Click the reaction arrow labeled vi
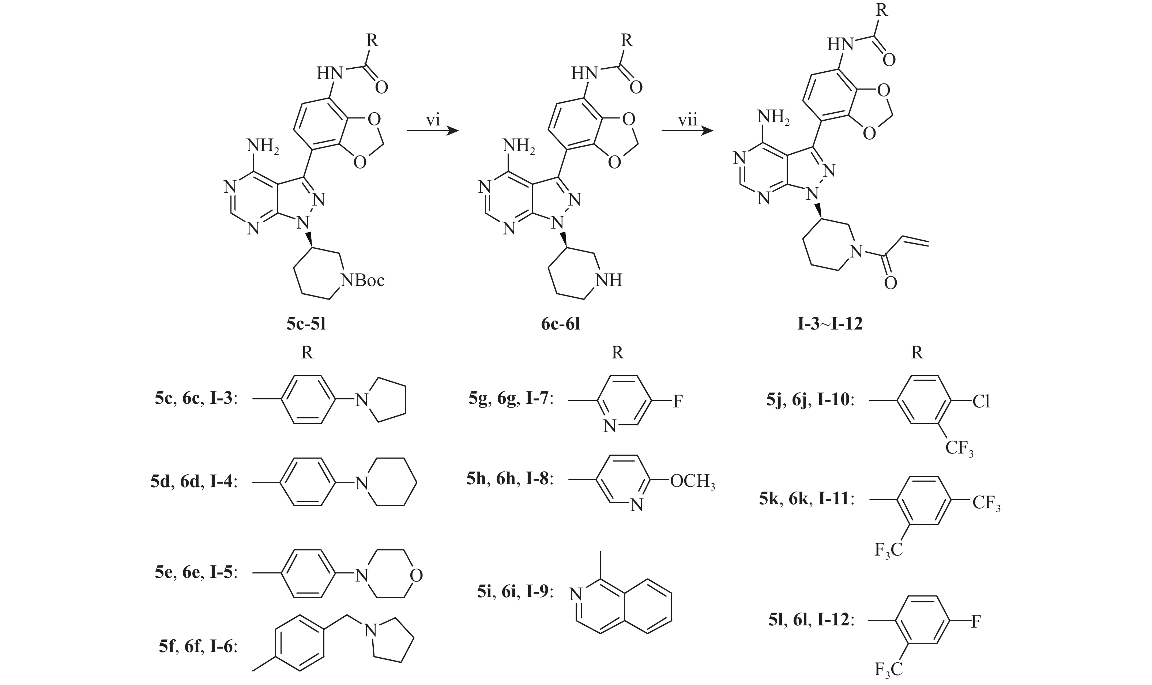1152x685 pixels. point(433,131)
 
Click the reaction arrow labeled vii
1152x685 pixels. point(687,131)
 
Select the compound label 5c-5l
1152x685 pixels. point(306,324)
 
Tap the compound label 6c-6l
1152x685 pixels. point(560,324)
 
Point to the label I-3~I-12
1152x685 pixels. point(830,324)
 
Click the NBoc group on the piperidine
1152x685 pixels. point(363,280)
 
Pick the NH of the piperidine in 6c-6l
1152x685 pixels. point(609,280)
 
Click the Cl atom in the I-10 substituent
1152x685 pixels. point(981,402)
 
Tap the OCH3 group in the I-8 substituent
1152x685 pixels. point(692,481)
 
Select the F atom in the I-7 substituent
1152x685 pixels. point(677,402)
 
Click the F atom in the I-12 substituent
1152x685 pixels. point(976,622)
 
